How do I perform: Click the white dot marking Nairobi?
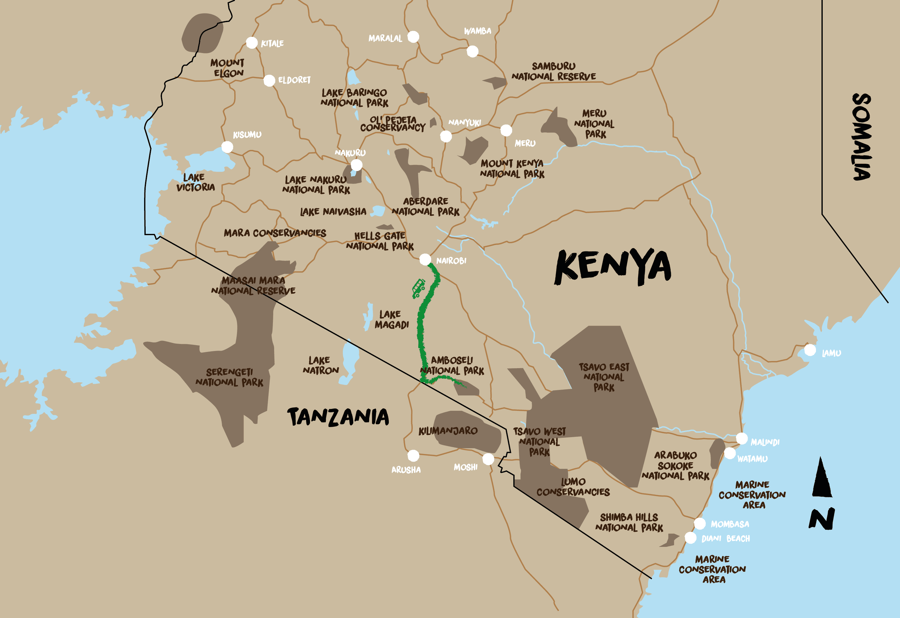425,259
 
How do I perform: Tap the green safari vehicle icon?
418,288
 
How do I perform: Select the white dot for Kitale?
252,43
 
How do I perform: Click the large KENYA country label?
612,267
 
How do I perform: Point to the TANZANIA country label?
338,417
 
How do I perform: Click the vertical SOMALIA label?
862,137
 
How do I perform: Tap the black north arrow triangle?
822,479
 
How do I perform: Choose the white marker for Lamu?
810,350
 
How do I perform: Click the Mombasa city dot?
699,524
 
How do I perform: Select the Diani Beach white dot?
691,538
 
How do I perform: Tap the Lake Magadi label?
392,319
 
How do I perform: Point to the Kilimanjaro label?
448,431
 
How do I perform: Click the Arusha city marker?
413,455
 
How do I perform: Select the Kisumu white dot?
227,147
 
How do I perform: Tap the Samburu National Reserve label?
553,71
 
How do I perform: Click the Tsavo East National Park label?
604,377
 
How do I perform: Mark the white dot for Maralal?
413,37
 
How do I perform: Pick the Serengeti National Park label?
229,377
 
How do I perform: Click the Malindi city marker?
741,438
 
